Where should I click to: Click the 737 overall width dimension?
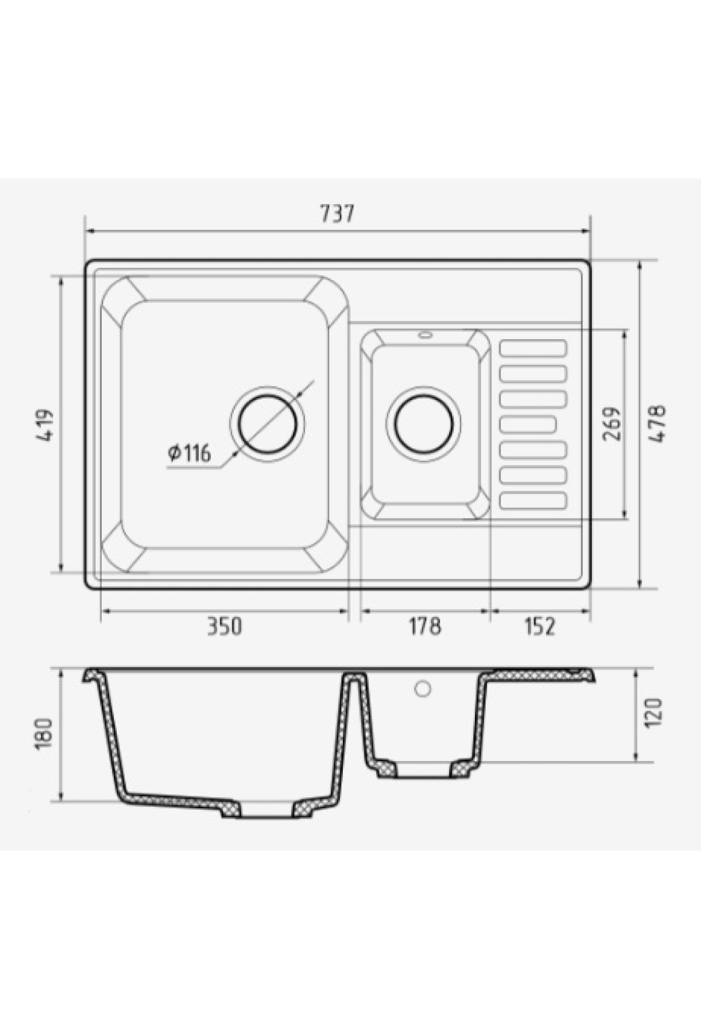click(x=337, y=213)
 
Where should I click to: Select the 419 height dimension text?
click(x=47, y=424)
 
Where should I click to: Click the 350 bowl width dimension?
click(x=224, y=626)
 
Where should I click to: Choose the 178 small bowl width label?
click(x=424, y=626)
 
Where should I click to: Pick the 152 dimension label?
click(x=539, y=626)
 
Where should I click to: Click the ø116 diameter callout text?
click(x=189, y=453)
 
